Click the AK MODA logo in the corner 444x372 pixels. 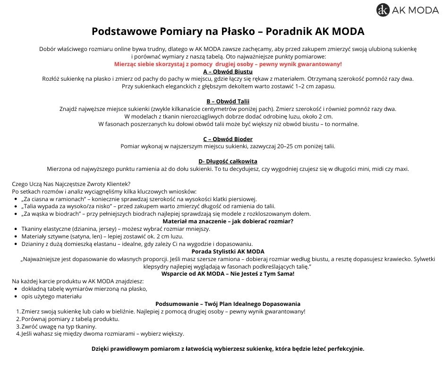pyautogui.click(x=407, y=10)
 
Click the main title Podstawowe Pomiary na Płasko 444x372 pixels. pyautogui.click(x=228, y=32)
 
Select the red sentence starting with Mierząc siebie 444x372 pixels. pyautogui.click(x=228, y=64)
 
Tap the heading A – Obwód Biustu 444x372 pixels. pyautogui.click(x=228, y=71)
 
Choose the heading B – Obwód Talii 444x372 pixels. pyautogui.click(x=228, y=101)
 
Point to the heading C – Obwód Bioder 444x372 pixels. pyautogui.click(x=228, y=139)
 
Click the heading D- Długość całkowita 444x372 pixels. pyautogui.click(x=228, y=161)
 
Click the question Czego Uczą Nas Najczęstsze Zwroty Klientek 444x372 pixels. pyautogui.click(x=71, y=184)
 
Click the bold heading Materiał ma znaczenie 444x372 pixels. pyautogui.click(x=228, y=221)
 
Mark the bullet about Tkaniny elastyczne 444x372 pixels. pyautogui.click(x=116, y=228)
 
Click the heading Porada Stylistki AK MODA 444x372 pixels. pyautogui.click(x=228, y=251)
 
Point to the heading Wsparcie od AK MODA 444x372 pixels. pyautogui.click(x=228, y=273)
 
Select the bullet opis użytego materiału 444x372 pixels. pyautogui.click(x=51, y=296)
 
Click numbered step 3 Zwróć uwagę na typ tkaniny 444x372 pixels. pyautogui.click(x=59, y=326)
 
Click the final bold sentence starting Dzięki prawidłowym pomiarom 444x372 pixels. pyautogui.click(x=228, y=349)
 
